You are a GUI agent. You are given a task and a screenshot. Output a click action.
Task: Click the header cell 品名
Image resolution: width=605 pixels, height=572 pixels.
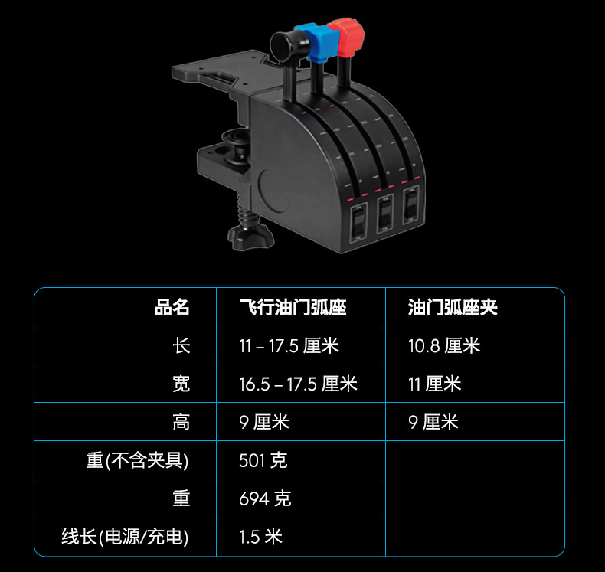(x=172, y=308)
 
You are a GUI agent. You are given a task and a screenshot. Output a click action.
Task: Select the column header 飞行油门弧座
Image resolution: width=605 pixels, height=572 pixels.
(x=293, y=308)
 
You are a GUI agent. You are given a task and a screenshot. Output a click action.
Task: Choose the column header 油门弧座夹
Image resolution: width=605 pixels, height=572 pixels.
(x=453, y=308)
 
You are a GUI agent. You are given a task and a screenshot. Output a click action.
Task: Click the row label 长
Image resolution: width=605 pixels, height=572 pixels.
(x=181, y=345)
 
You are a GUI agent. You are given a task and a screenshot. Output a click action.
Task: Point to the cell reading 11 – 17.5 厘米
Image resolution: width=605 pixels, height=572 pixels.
(x=289, y=345)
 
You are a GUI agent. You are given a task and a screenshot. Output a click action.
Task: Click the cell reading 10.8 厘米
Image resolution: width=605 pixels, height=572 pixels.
(x=444, y=345)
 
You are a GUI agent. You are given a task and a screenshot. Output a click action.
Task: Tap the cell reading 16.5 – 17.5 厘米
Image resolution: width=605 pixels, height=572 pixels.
(x=298, y=384)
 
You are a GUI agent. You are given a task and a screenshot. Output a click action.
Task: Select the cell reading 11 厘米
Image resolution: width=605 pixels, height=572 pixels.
(x=434, y=384)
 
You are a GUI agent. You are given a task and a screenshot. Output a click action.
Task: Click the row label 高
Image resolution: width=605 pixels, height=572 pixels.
(x=181, y=422)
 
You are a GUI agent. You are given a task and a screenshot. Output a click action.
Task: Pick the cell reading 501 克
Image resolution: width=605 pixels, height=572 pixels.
(x=263, y=460)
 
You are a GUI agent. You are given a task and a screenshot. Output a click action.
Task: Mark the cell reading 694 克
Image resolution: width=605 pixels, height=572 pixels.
(x=265, y=498)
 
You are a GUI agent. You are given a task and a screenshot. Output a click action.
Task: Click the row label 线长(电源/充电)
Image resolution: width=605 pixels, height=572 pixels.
(x=125, y=537)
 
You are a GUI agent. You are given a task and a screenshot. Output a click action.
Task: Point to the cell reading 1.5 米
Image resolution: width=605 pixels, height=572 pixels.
(x=260, y=537)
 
